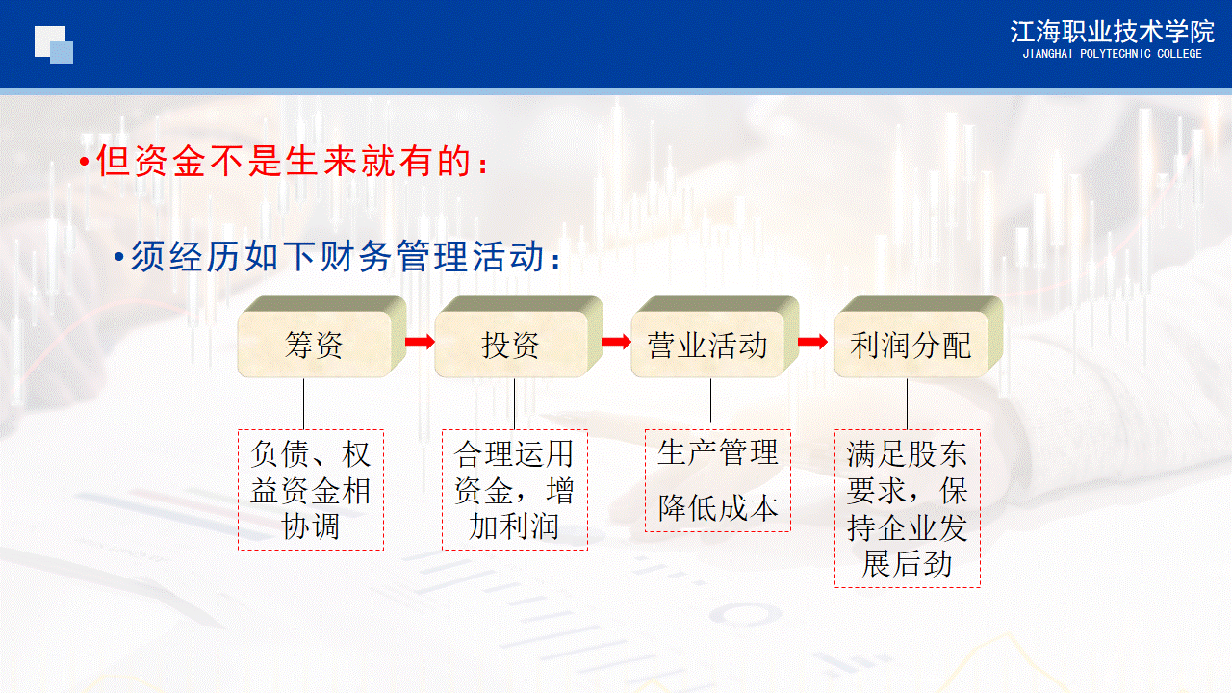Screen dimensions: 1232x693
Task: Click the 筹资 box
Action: tap(315, 345)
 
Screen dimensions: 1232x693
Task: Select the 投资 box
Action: tap(511, 345)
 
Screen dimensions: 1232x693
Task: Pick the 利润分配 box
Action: tap(911, 345)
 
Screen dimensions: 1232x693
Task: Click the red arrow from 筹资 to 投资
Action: tap(420, 342)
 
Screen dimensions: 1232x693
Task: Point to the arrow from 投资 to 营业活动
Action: tap(616, 342)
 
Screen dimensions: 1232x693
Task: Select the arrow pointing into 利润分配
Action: tap(813, 342)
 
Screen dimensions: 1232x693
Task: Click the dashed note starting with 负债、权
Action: tap(311, 490)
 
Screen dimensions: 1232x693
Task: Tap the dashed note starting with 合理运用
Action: tap(515, 490)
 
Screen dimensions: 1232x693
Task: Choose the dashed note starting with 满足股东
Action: tap(908, 508)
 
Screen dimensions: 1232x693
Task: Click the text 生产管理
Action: tap(718, 452)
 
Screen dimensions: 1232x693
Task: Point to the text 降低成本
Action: tap(718, 508)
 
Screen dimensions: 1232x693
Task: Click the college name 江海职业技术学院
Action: tap(1112, 32)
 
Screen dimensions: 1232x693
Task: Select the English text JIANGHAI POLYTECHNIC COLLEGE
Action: tap(1112, 55)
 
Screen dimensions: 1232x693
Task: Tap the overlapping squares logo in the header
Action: tap(54, 44)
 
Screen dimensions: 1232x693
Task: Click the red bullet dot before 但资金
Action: tap(85, 163)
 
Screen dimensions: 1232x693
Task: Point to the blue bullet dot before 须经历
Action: tap(119, 258)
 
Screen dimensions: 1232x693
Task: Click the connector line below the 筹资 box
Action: tap(304, 403)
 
